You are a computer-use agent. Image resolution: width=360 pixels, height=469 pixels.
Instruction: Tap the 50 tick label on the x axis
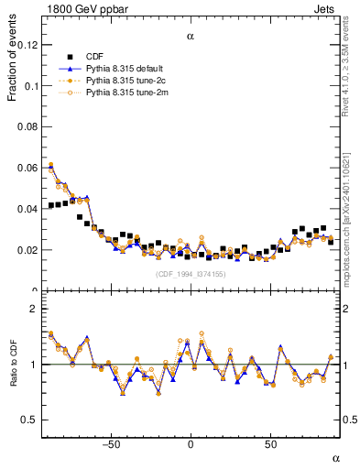tap(271, 445)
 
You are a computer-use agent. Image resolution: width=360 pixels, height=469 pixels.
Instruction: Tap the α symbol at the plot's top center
tap(191, 37)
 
